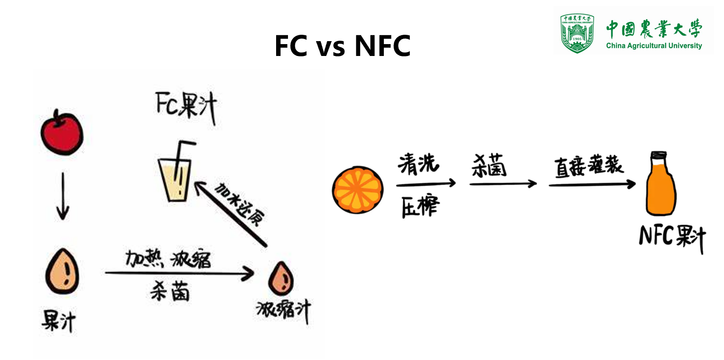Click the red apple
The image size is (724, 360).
(62, 134)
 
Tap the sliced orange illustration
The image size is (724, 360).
(358, 189)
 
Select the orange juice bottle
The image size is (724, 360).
(660, 187)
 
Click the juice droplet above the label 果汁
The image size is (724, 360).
(62, 272)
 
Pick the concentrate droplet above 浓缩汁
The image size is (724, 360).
(281, 279)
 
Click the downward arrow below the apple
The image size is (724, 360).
(63, 196)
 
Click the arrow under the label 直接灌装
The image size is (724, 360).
(592, 184)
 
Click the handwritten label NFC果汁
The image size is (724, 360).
(672, 237)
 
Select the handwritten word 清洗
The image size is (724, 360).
(418, 164)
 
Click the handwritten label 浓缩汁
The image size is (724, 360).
(283, 311)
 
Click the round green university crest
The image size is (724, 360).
(577, 33)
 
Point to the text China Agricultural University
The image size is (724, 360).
(654, 46)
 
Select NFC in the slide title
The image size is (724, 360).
(383, 46)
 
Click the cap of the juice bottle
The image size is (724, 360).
(659, 155)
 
